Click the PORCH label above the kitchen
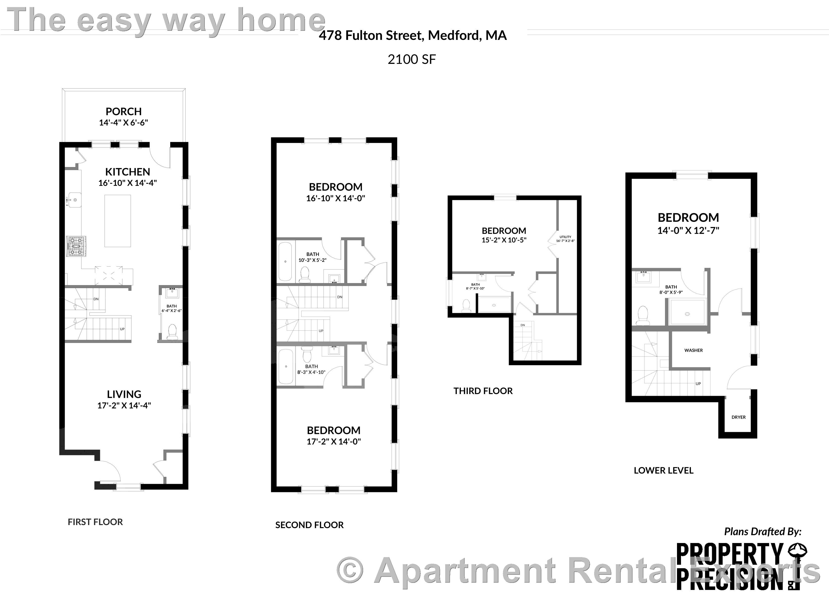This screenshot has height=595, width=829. tap(123, 112)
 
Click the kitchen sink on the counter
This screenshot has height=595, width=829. tap(74, 200)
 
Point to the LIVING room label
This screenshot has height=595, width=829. tap(124, 394)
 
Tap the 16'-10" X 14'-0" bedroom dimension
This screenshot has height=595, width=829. tap(336, 198)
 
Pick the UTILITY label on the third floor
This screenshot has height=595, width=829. tap(565, 237)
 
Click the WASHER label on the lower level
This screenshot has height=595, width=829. tap(693, 350)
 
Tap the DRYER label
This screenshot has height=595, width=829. tap(738, 417)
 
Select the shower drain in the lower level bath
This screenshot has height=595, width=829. tap(687, 314)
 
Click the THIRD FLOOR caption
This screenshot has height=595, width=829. tap(483, 391)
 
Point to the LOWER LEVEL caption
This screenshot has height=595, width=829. tap(663, 470)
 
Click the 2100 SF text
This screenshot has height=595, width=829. tap(412, 59)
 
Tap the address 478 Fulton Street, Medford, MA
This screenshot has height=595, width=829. tap(413, 35)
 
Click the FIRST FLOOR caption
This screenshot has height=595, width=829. tap(95, 522)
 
